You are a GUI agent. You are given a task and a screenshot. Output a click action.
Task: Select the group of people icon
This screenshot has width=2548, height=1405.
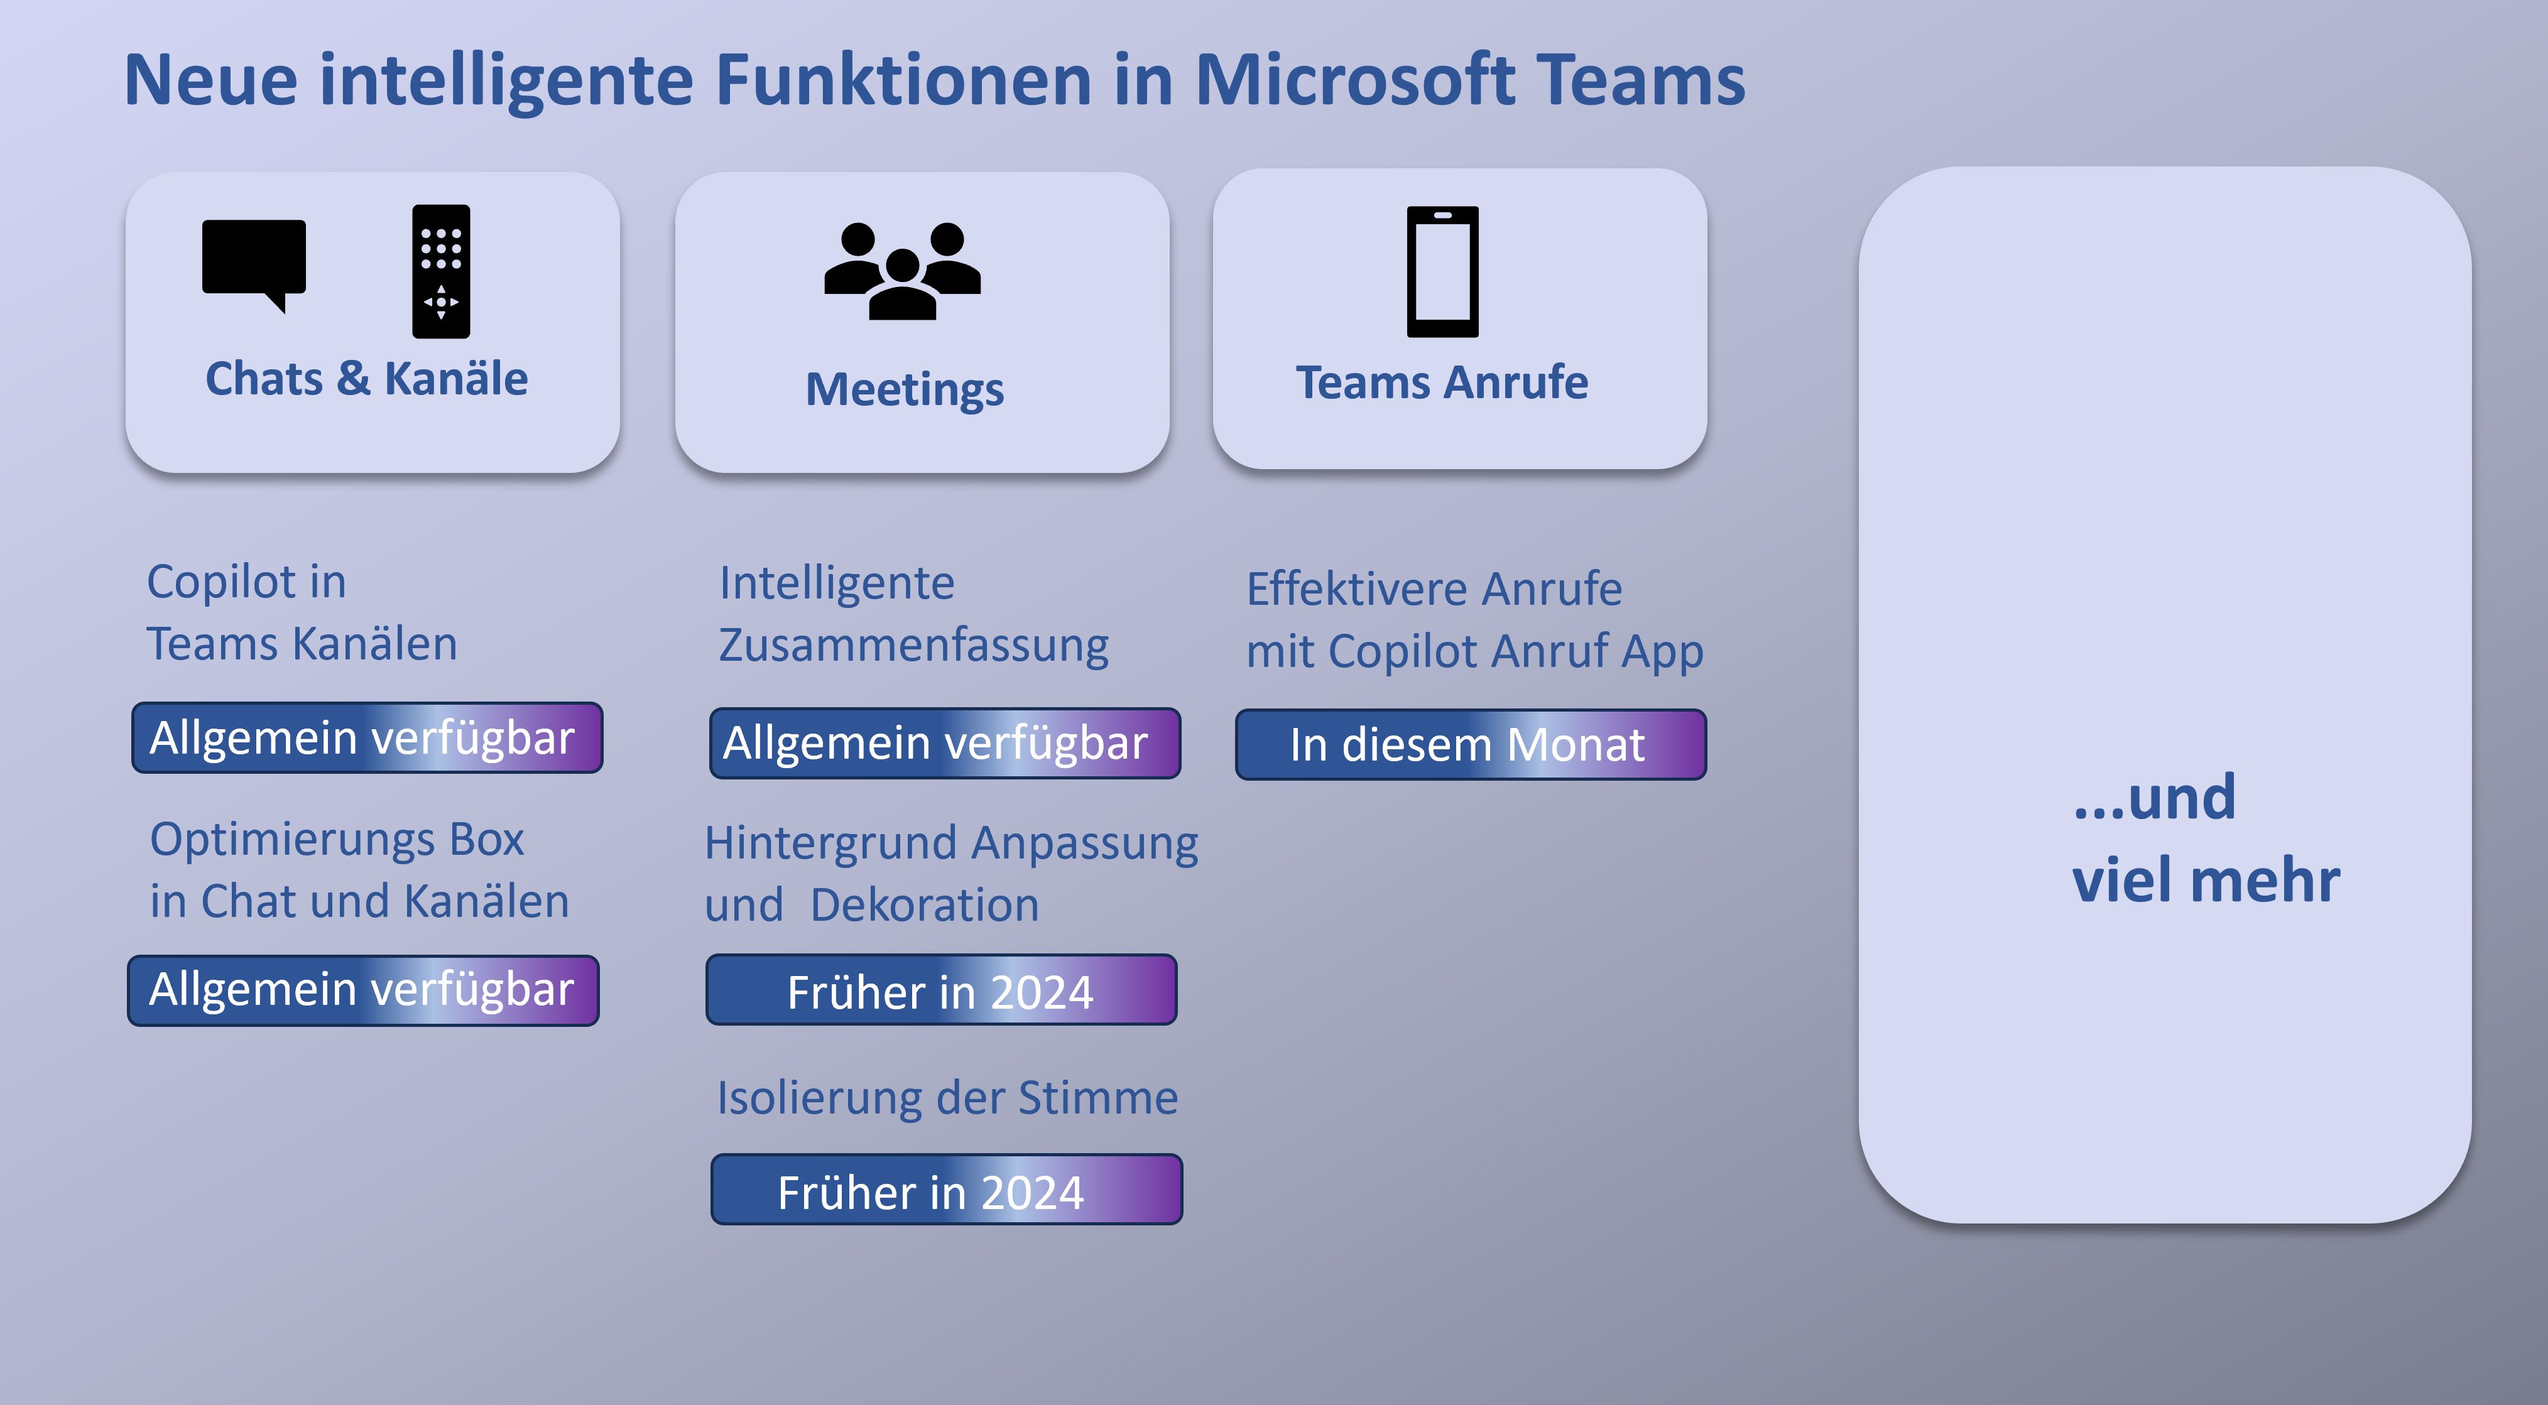(x=902, y=271)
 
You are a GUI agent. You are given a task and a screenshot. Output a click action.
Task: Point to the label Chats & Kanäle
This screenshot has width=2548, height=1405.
(x=366, y=379)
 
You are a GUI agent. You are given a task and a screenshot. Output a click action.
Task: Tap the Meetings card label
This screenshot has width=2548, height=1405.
(x=904, y=389)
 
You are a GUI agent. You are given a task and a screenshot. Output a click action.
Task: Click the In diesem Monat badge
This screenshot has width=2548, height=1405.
(x=1471, y=744)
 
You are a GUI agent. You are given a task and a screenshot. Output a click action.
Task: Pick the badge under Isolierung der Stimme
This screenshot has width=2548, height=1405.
(x=947, y=1190)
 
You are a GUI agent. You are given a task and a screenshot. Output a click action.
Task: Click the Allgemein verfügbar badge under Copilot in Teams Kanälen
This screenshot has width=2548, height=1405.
(x=367, y=737)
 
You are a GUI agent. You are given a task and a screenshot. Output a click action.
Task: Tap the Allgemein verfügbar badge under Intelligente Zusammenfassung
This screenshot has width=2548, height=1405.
(x=945, y=742)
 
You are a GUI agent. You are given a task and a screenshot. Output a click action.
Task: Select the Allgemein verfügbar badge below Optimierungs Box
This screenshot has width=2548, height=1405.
(x=363, y=990)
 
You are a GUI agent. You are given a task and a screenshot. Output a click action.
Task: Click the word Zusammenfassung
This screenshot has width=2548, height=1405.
(x=913, y=644)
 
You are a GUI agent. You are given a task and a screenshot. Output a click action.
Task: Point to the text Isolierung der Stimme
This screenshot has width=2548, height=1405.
(x=947, y=1097)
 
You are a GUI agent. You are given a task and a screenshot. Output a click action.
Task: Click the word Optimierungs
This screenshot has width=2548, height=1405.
(x=291, y=840)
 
